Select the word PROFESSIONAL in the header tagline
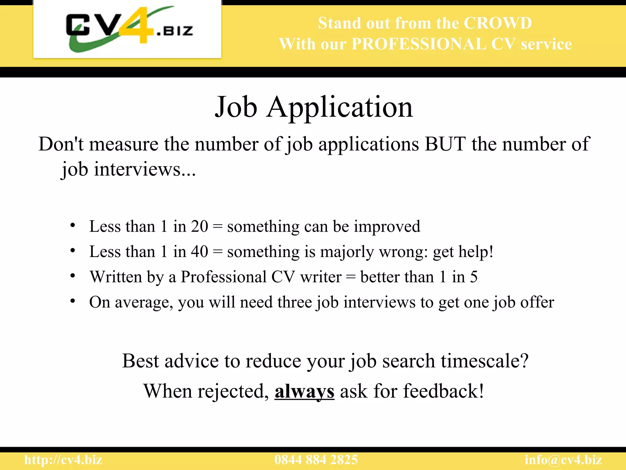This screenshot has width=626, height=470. pyautogui.click(x=419, y=44)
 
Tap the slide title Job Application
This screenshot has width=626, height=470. pyautogui.click(x=314, y=107)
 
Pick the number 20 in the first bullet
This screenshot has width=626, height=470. pyautogui.click(x=199, y=226)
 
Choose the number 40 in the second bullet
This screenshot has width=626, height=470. pyautogui.click(x=199, y=252)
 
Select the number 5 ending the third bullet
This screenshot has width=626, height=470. pyautogui.click(x=473, y=277)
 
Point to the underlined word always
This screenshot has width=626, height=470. pyautogui.click(x=304, y=391)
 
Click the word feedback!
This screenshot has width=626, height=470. pyautogui.click(x=444, y=391)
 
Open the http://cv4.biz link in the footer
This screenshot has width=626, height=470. pyautogui.click(x=63, y=460)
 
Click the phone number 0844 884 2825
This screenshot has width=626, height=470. pyautogui.click(x=316, y=460)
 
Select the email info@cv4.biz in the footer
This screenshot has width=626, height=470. pyautogui.click(x=563, y=460)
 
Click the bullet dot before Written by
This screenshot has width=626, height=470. pyautogui.click(x=72, y=276)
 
